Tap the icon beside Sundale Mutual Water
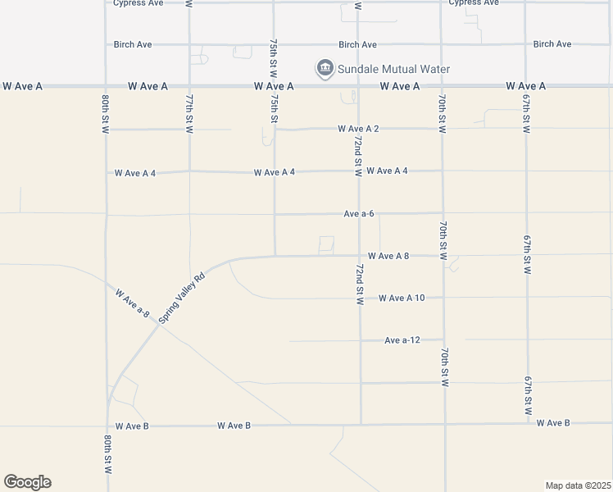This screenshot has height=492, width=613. point(325,68)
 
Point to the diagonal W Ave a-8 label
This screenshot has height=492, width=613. point(133,303)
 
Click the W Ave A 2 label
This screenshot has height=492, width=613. point(358,129)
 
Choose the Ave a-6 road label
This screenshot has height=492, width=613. point(359,213)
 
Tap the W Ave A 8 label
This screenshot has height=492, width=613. point(388,256)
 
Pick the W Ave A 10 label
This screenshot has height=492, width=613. point(402,298)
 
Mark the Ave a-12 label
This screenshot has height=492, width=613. point(402,339)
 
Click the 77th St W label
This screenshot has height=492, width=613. point(189,112)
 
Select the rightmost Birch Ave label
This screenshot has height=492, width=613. point(552,44)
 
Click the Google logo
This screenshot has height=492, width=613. point(27,482)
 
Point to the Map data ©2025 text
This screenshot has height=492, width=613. point(577,485)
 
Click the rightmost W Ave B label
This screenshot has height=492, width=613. point(553,423)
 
